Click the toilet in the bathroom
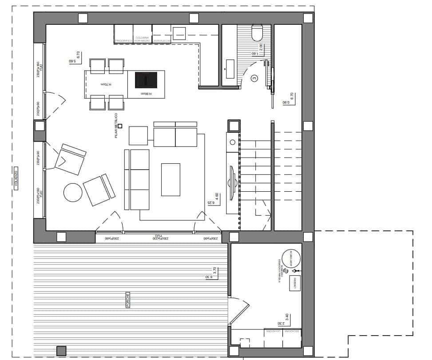pyautogui.click(x=258, y=32)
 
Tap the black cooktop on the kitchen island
pyautogui.click(x=146, y=80)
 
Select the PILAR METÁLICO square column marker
pyautogui.click(x=119, y=126)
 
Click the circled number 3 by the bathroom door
pyautogui.click(x=254, y=79)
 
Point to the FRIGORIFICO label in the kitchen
pyautogui.click(x=124, y=40)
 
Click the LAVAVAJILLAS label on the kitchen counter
pyautogui.click(x=162, y=40)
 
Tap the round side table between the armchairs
pyautogui.click(x=73, y=193)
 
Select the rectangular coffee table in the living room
pyautogui.click(x=170, y=179)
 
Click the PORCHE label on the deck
pyautogui.click(x=127, y=300)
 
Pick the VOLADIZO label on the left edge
pyautogui.click(x=16, y=179)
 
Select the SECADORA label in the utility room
pyautogui.click(x=292, y=331)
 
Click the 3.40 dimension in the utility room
pyautogui.click(x=287, y=317)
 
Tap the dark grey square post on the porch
pyautogui.click(x=61, y=350)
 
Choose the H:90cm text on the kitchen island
pyautogui.click(x=146, y=94)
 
